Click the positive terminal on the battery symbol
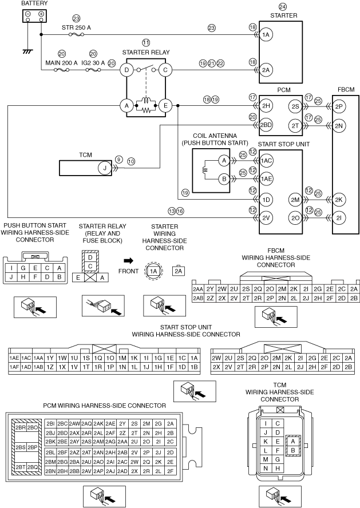(x=41, y=14)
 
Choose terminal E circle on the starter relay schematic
(x=165, y=106)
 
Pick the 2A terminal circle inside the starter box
(x=265, y=70)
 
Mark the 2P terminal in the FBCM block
(x=339, y=106)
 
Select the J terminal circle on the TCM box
(x=105, y=168)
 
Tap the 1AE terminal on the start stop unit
(x=266, y=179)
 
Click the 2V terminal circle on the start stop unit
(x=265, y=218)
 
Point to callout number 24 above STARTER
(x=283, y=7)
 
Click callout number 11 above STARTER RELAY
(x=147, y=43)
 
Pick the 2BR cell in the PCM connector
(x=20, y=427)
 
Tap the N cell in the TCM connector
(x=265, y=469)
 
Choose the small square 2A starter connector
(x=178, y=272)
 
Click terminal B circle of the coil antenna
(x=224, y=179)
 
